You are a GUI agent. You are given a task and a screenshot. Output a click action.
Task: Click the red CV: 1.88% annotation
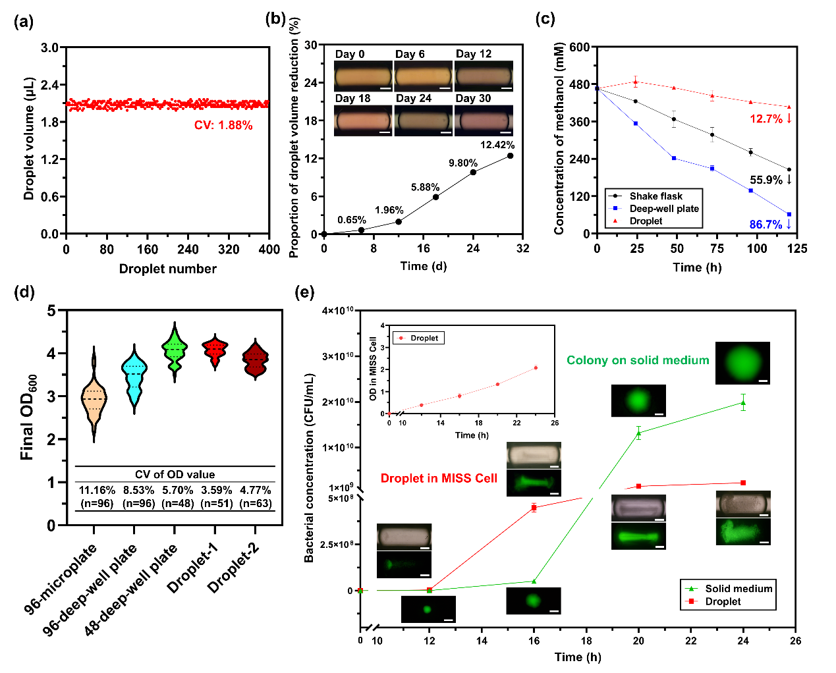(x=223, y=125)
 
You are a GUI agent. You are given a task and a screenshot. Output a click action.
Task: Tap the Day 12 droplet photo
(x=484, y=76)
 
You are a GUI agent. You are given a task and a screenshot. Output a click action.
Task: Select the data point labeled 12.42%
(x=511, y=156)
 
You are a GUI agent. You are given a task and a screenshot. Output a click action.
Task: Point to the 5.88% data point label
(x=425, y=188)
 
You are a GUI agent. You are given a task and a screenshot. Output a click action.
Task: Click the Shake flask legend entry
(x=655, y=196)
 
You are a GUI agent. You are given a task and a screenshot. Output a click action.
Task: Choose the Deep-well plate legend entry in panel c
(x=663, y=209)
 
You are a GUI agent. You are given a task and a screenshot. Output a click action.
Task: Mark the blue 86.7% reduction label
(x=766, y=225)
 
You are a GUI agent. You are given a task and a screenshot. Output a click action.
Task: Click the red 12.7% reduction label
(x=766, y=119)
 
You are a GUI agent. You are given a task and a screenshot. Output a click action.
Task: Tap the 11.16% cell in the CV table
(x=97, y=491)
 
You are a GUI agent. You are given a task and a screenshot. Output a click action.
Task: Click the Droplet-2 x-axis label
(x=234, y=568)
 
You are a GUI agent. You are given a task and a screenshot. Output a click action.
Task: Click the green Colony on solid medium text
(x=638, y=360)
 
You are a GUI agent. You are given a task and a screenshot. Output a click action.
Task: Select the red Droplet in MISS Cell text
(x=439, y=479)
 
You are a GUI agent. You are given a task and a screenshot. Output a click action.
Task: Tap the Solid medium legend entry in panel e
(x=738, y=589)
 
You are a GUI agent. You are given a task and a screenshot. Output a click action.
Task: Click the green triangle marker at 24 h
(x=743, y=403)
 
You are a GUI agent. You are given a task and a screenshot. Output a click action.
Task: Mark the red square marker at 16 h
(x=534, y=507)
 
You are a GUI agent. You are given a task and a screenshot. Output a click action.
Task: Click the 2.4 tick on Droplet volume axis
(x=50, y=85)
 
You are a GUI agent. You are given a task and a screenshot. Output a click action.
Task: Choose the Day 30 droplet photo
(x=484, y=121)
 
